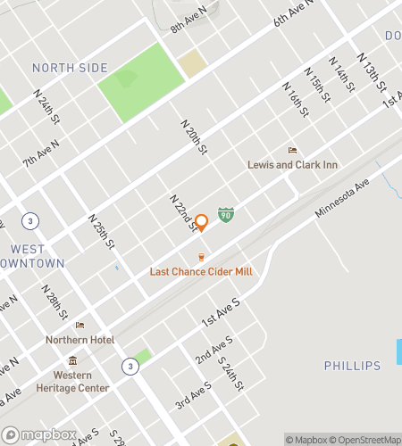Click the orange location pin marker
tap(202, 222)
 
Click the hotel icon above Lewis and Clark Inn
tap(290, 150)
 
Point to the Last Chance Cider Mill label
tap(201, 272)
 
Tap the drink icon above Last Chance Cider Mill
tap(202, 257)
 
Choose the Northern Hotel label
tap(81, 340)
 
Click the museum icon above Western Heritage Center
tap(73, 360)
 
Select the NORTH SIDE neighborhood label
tap(70, 68)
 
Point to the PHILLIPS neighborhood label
tap(352, 366)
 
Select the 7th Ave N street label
tap(42, 153)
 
